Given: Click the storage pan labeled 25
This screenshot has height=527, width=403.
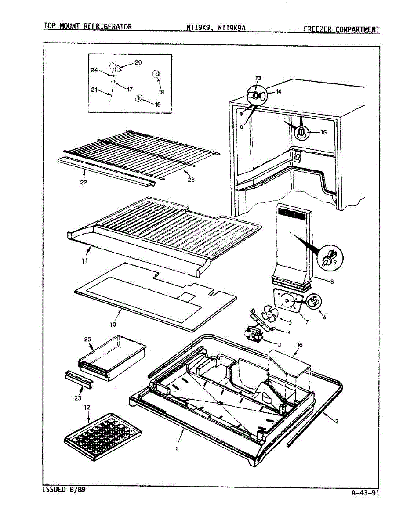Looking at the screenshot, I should (112, 357).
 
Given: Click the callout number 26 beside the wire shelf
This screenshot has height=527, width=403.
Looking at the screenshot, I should (190, 180).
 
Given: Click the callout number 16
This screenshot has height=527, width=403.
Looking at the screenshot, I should (300, 345).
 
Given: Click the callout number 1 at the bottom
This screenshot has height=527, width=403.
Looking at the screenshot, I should (177, 449).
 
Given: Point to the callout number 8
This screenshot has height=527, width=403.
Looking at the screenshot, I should (331, 282).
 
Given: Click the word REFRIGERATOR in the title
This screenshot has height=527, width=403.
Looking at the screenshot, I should (108, 26).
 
